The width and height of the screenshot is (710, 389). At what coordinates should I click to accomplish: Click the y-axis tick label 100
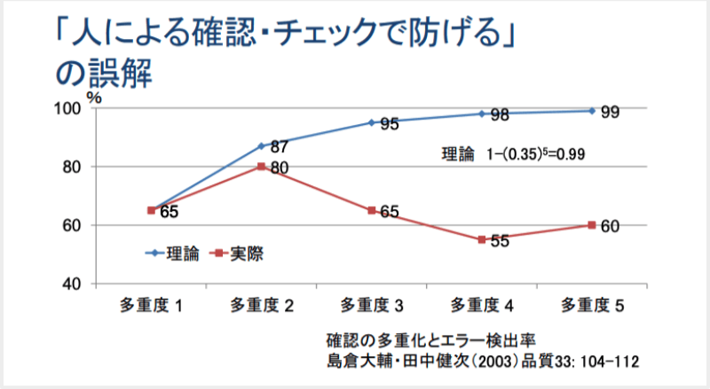[69, 109]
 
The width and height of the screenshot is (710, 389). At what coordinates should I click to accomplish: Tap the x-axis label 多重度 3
[372, 307]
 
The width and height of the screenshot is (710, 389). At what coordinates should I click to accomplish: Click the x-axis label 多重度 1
[152, 307]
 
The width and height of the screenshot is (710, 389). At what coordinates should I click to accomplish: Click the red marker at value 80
[262, 167]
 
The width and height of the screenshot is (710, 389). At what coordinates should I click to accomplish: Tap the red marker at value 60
[592, 225]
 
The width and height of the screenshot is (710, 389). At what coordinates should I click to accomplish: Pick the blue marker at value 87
[262, 146]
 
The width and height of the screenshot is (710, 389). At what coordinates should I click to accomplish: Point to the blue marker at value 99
[592, 111]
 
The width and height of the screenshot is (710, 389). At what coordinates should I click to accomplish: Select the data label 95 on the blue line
[388, 125]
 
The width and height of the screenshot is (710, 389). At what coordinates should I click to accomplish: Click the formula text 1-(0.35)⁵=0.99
[535, 153]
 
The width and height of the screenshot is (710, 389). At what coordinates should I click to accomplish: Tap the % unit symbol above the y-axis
[94, 96]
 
